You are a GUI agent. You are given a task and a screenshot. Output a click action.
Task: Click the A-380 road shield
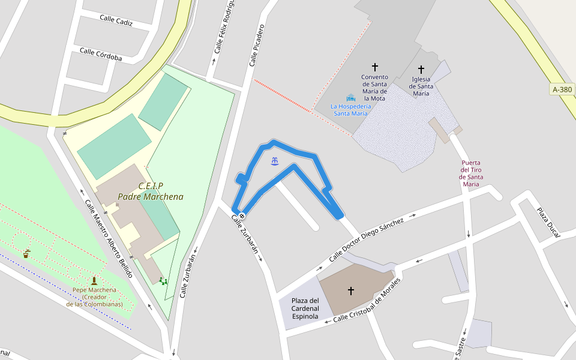pyautogui.click(x=562, y=90)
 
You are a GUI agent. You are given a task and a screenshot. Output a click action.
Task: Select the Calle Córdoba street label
pyautogui.click(x=101, y=54)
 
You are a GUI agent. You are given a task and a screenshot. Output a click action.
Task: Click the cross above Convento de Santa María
pyautogui.click(x=375, y=67)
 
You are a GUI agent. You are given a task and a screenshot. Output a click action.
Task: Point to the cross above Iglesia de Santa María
pyautogui.click(x=421, y=70)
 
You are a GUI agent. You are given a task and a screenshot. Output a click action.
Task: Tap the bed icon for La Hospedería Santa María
pyautogui.click(x=351, y=98)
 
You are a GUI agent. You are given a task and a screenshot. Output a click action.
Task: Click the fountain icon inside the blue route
pyautogui.click(x=275, y=161)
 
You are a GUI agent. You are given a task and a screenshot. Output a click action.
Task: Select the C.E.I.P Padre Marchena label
pyautogui.click(x=151, y=191)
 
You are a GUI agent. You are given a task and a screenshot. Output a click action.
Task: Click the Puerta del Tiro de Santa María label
pyautogui.click(x=471, y=173)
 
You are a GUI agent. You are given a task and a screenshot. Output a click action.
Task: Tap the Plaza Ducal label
pyautogui.click(x=548, y=222)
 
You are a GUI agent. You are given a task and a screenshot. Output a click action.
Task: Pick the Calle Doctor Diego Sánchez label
pyautogui.click(x=366, y=239)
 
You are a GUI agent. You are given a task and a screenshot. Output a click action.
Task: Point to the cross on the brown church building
pyautogui.click(x=351, y=290)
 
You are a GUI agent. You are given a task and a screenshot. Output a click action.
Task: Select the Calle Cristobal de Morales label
pyautogui.click(x=366, y=299)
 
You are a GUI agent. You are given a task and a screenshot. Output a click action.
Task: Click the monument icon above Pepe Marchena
pyautogui.click(x=94, y=280)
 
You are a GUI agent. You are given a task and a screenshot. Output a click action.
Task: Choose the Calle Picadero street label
pyautogui.click(x=257, y=44)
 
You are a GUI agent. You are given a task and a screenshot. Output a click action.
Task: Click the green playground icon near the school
pyautogui.click(x=163, y=281)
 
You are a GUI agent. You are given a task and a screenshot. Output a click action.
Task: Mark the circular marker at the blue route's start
pyautogui.click(x=242, y=216)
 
